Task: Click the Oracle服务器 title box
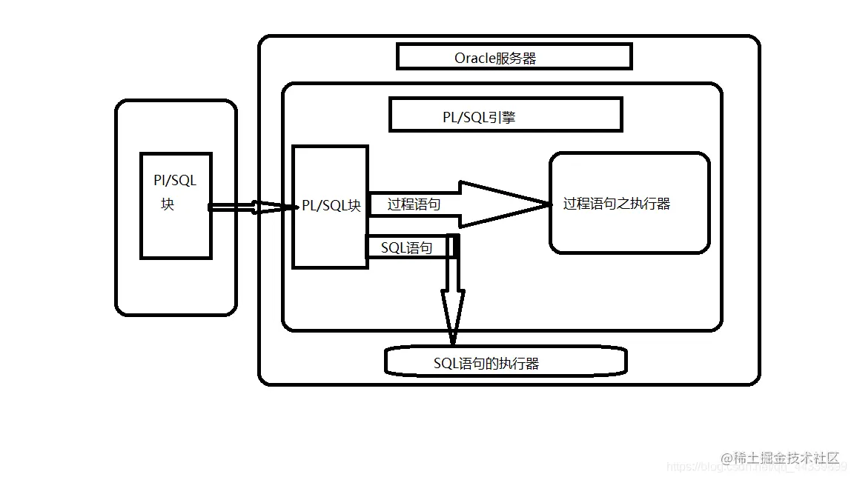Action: coord(514,57)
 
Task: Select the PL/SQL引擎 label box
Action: coord(506,115)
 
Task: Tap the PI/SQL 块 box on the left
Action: coord(176,205)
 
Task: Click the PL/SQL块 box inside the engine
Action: coord(331,207)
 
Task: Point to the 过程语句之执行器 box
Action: coord(629,204)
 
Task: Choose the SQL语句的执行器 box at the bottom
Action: coord(506,362)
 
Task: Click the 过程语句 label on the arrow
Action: coord(414,204)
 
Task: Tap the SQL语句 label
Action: coord(406,247)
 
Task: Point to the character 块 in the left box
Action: coord(168,204)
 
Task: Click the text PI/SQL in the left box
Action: coord(175,181)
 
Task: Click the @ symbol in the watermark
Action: coord(726,458)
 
